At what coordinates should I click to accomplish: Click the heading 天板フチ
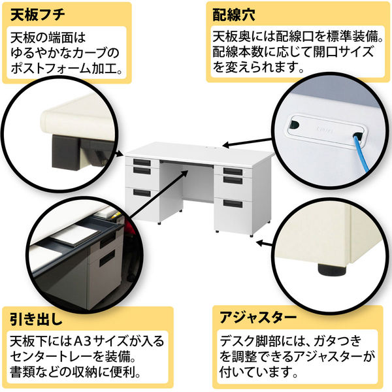pos(37,15)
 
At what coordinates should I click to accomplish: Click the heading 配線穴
pos(234,15)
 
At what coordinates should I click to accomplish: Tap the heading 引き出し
pos(36,319)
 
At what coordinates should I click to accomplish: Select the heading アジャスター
pos(258,318)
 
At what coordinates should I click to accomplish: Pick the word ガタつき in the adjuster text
pos(338,341)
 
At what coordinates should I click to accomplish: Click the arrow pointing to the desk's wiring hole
pos(247,142)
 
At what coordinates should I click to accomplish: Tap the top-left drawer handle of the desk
pos(142,162)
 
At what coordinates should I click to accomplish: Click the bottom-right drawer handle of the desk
pos(233,203)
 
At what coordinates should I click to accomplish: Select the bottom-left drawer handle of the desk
pos(142,193)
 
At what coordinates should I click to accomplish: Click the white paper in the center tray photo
pos(76,235)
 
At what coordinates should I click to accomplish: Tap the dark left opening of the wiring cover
pos(295,123)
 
